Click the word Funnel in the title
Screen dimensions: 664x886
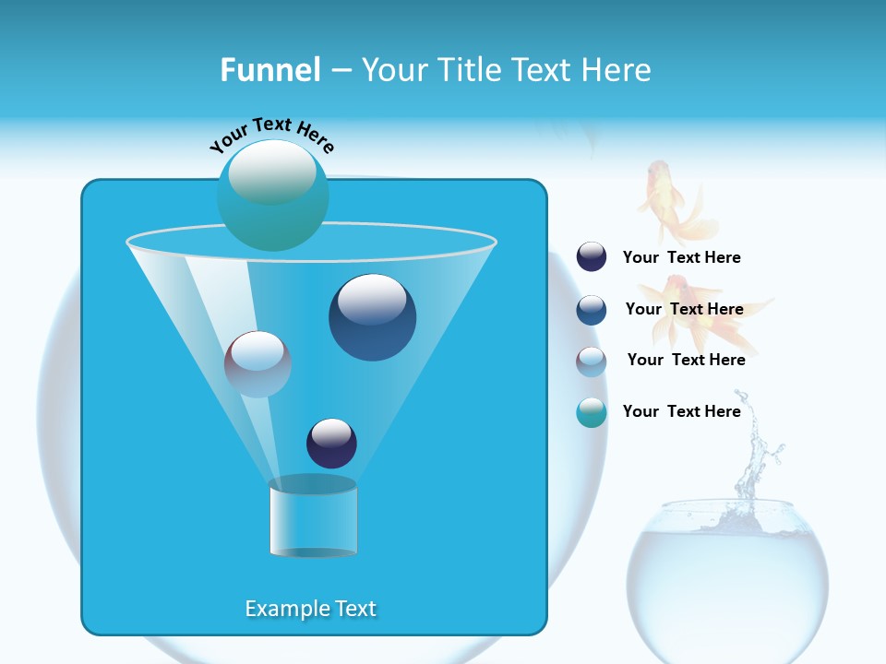coord(269,70)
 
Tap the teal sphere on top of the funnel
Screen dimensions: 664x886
coord(272,196)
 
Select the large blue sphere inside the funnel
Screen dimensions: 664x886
coord(372,317)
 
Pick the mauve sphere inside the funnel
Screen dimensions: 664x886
coord(257,364)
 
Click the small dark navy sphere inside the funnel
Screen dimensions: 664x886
coord(331,443)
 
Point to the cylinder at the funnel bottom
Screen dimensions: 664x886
coord(313,518)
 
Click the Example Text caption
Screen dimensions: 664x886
coord(310,609)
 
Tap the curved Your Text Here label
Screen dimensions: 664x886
coord(271,136)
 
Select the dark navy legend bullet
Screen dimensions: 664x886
coord(592,257)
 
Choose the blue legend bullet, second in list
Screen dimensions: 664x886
coord(592,310)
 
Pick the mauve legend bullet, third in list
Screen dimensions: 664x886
coord(592,362)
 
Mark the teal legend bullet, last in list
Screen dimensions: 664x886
coord(592,412)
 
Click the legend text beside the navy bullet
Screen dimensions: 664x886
coord(681,258)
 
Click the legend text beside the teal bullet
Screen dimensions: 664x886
coord(681,411)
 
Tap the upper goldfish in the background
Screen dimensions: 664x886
coord(672,201)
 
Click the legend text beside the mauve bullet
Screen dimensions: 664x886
coord(686,360)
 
